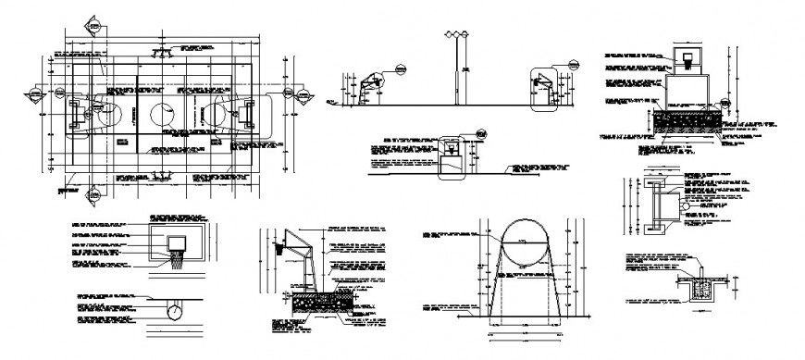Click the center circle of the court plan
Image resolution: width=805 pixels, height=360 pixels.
click(x=160, y=115)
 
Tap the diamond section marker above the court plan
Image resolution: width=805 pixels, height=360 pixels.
click(x=93, y=25)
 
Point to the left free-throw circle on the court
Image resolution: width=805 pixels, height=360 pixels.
click(x=108, y=115)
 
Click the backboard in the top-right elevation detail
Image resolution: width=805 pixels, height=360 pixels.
click(x=686, y=58)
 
